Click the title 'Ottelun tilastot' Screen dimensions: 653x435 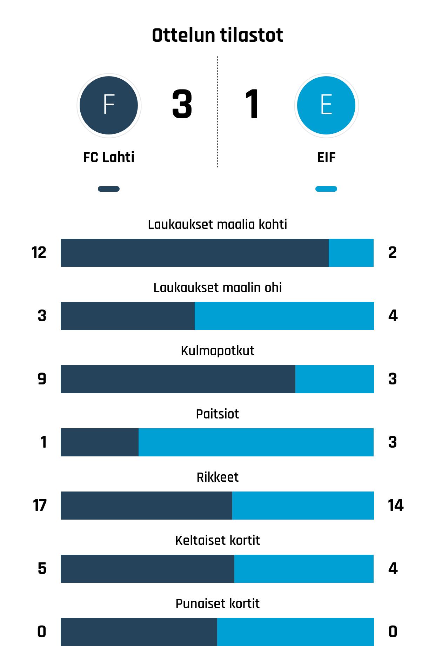(217, 35)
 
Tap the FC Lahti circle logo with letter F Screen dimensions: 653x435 (109, 105)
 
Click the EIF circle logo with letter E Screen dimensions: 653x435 (326, 105)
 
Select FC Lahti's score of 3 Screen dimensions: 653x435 (182, 104)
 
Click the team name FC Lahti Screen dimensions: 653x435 (109, 157)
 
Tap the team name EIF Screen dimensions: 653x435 (326, 157)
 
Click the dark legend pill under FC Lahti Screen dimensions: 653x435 (109, 189)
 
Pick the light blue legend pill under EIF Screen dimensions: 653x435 (326, 189)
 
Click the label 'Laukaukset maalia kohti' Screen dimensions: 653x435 (217, 224)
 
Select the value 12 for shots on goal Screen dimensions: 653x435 (39, 253)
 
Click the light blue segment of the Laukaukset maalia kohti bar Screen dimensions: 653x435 (351, 253)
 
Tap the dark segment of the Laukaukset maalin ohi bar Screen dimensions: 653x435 (128, 316)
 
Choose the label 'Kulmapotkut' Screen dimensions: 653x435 (217, 351)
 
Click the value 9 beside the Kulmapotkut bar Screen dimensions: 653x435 (42, 379)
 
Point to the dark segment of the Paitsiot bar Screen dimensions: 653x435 (100, 442)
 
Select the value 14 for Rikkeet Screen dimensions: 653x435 (396, 506)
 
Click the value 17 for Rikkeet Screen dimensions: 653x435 (39, 506)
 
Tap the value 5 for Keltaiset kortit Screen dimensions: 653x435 (42, 569)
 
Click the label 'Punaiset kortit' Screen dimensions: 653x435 (217, 603)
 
